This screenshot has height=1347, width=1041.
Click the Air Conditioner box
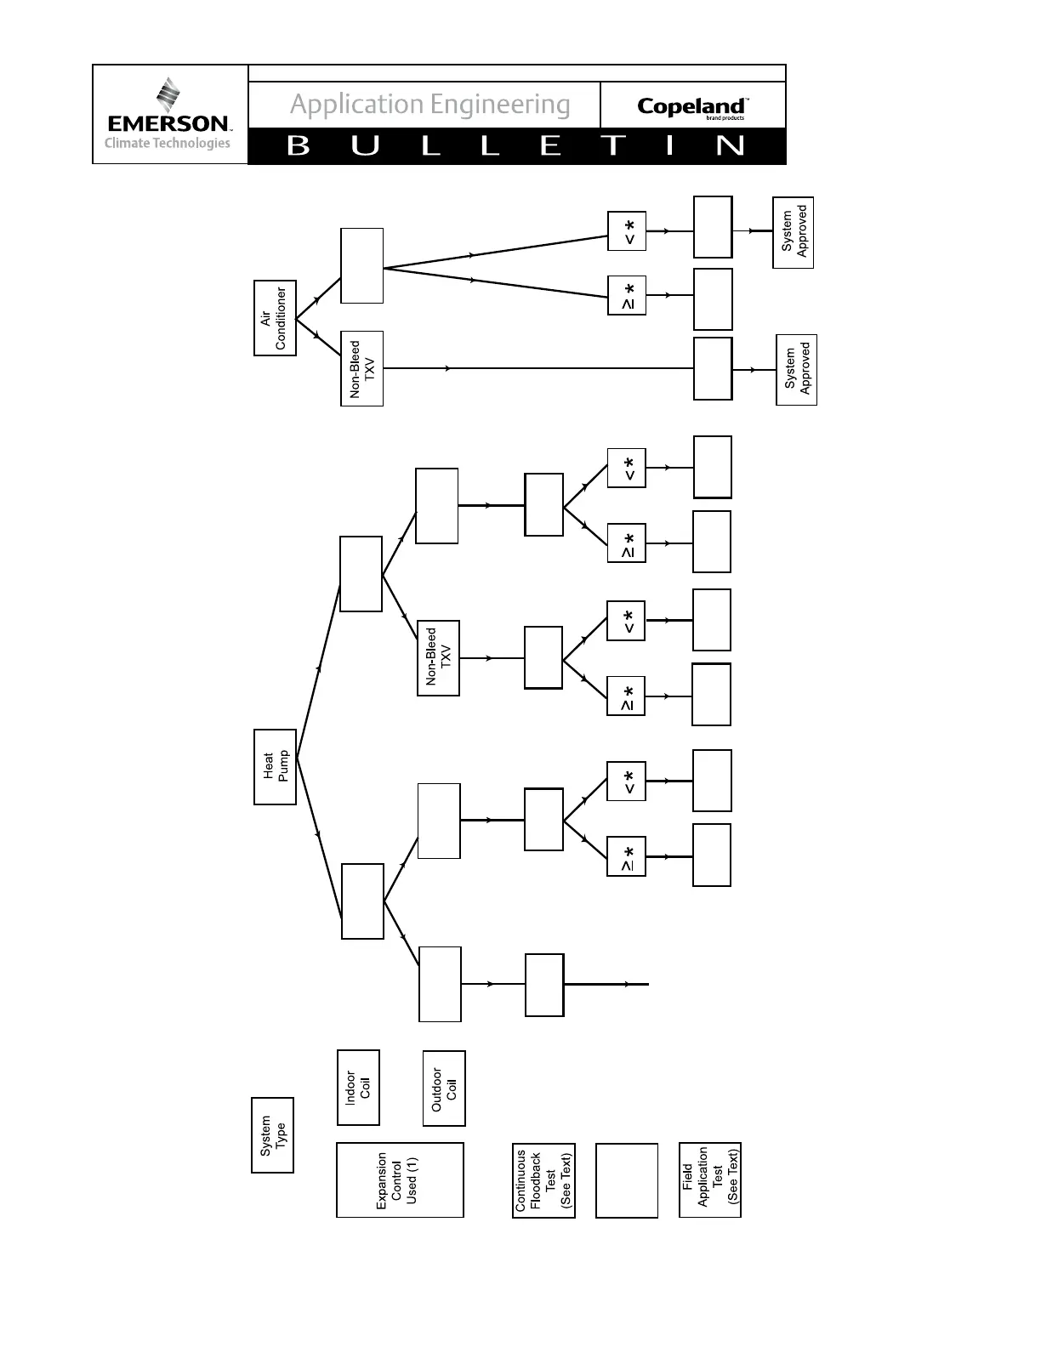click(275, 318)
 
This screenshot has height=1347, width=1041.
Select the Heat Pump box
click(275, 766)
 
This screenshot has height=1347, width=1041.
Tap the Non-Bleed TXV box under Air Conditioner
click(361, 368)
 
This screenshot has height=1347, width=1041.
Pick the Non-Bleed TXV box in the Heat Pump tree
click(438, 657)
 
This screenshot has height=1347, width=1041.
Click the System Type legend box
click(272, 1134)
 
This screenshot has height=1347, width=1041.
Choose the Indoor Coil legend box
click(358, 1087)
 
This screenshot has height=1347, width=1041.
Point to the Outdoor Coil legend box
click(444, 1088)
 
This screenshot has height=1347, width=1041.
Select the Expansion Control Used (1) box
click(400, 1179)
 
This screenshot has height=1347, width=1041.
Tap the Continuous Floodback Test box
click(543, 1179)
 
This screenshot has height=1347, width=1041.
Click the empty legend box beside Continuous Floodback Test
click(627, 1179)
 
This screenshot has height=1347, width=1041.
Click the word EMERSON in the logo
click(168, 124)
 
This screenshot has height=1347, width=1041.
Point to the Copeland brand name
click(691, 106)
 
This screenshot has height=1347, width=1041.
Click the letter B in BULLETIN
click(299, 146)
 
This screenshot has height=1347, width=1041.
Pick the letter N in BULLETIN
click(730, 146)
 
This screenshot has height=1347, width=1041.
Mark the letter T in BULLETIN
click(613, 146)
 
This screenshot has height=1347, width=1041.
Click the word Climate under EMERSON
click(127, 143)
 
